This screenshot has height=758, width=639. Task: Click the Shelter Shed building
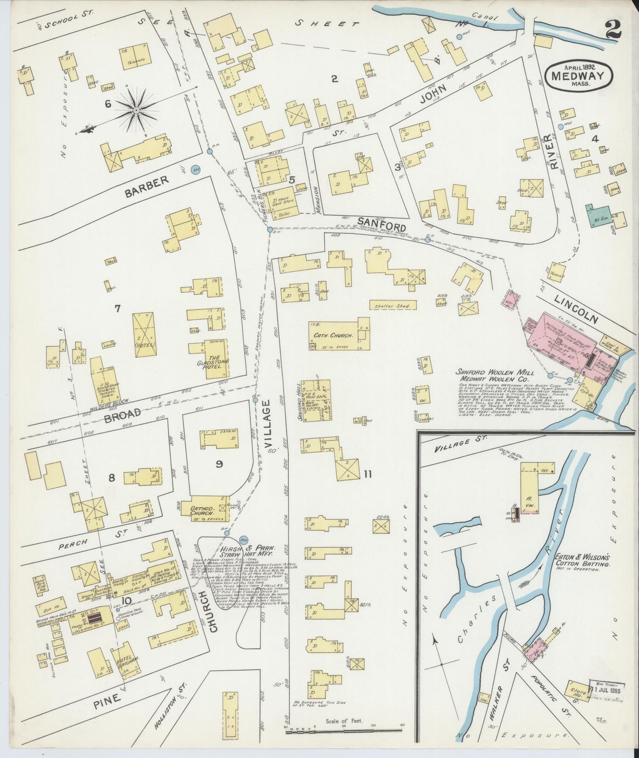pos(393,306)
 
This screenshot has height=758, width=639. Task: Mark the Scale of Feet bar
pos(345,729)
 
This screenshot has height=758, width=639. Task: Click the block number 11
pos(367,475)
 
